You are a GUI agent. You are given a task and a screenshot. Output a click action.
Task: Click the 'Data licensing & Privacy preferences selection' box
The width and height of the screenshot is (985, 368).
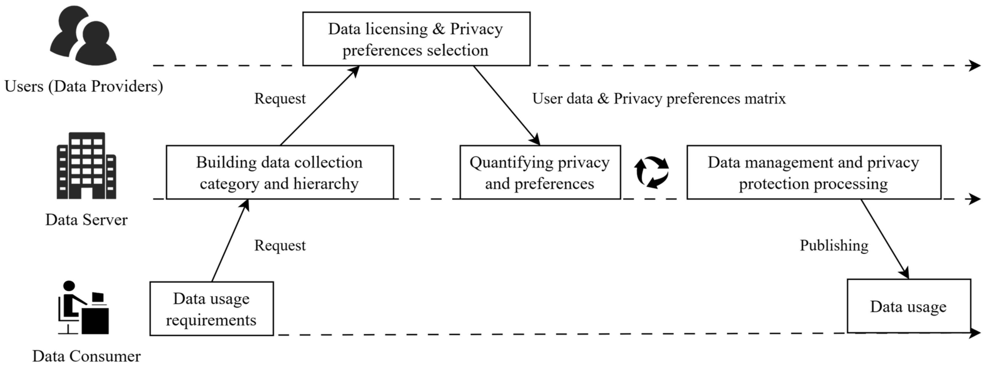click(416, 39)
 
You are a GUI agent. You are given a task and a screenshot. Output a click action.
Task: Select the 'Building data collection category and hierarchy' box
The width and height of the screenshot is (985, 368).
click(280, 172)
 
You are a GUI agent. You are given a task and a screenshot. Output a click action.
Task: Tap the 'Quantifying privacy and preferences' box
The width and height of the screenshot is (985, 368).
click(540, 172)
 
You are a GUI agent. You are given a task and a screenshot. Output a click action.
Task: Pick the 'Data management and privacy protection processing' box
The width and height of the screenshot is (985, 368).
click(813, 172)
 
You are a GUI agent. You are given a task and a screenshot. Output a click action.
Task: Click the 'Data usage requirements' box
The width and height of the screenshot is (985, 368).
click(212, 309)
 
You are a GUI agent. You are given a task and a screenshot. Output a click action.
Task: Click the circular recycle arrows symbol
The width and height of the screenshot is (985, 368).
click(652, 172)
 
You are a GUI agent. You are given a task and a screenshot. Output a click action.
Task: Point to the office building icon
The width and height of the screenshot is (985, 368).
click(86, 166)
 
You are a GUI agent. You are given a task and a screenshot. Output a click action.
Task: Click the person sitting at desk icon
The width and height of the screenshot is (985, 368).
click(83, 308)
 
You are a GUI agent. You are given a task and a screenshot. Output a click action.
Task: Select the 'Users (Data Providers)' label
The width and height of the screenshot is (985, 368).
click(84, 86)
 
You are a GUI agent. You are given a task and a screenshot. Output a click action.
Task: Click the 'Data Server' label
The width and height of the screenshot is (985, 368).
click(86, 220)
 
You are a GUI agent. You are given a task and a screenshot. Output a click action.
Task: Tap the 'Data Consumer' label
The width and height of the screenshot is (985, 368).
click(86, 356)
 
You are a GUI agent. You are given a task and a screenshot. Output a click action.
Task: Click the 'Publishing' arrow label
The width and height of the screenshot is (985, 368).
click(834, 246)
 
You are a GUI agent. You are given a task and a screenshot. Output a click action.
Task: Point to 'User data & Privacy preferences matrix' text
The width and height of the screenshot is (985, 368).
click(659, 99)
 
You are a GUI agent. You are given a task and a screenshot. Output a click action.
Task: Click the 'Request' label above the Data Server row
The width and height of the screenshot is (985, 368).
click(280, 99)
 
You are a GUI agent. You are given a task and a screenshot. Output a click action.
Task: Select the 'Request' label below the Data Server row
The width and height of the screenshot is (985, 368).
click(280, 246)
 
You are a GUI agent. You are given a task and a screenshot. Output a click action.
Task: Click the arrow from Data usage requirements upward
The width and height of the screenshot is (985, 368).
click(230, 241)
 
